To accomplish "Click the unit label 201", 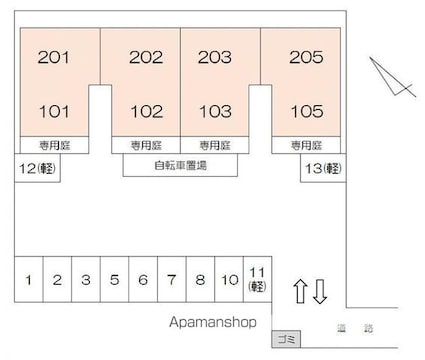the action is [54, 58].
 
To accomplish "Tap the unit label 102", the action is [146, 111].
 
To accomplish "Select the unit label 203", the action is [215, 58].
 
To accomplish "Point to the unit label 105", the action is [306, 111].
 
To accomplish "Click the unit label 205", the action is [306, 58].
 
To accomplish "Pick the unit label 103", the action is [215, 111].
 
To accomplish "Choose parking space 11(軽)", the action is [258, 279].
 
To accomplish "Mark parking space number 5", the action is [115, 280].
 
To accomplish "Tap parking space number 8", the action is [200, 280].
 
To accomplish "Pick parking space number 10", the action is [229, 280].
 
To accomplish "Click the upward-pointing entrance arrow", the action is [299, 292].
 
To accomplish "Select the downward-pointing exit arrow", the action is [320, 292].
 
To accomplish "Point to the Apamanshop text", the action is [212, 323].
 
